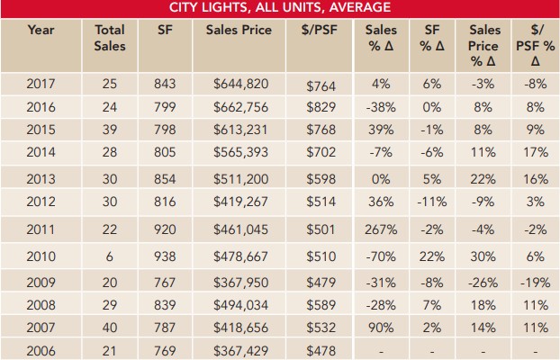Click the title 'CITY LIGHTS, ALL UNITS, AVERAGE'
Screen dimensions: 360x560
(280, 8)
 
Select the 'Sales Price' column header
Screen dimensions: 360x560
(238, 30)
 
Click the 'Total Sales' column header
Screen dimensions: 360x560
(110, 38)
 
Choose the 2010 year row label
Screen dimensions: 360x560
(41, 256)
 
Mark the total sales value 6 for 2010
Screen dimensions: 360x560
(110, 256)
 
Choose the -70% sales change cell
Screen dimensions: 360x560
(382, 256)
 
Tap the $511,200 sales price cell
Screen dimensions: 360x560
(238, 178)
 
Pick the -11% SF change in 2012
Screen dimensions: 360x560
(433, 202)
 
